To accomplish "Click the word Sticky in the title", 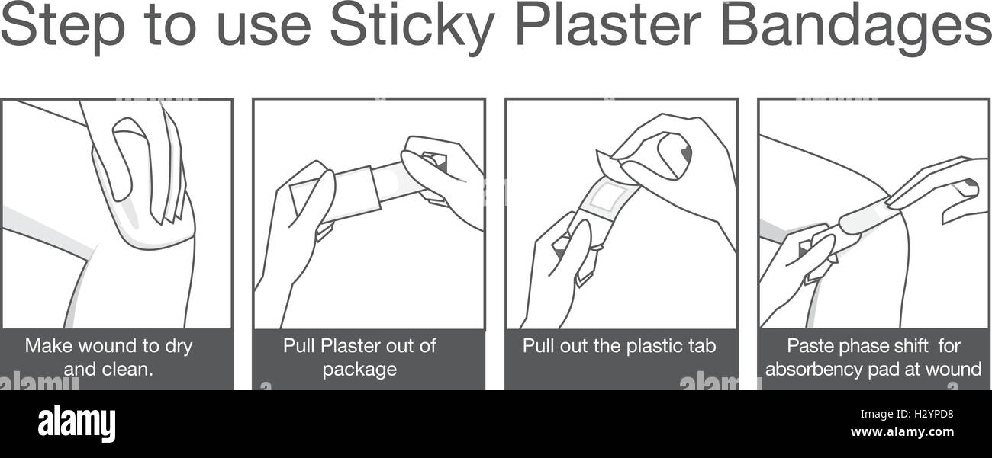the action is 412,27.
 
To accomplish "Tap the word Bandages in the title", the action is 856,26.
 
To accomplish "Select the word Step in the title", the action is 62,27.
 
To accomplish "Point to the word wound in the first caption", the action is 103,346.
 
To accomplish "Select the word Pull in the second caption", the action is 299,346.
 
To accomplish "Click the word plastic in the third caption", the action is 652,347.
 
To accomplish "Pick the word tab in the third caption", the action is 701,346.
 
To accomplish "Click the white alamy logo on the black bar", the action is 76,423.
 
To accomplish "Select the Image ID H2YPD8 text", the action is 907,415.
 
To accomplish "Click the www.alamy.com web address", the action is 902,432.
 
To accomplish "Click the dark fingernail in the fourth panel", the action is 971,183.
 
